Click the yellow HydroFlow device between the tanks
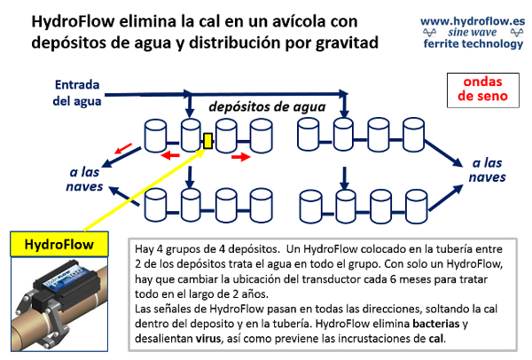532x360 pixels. tap(208, 140)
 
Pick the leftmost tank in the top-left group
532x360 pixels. tap(156, 136)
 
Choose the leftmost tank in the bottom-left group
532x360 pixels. tap(156, 204)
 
